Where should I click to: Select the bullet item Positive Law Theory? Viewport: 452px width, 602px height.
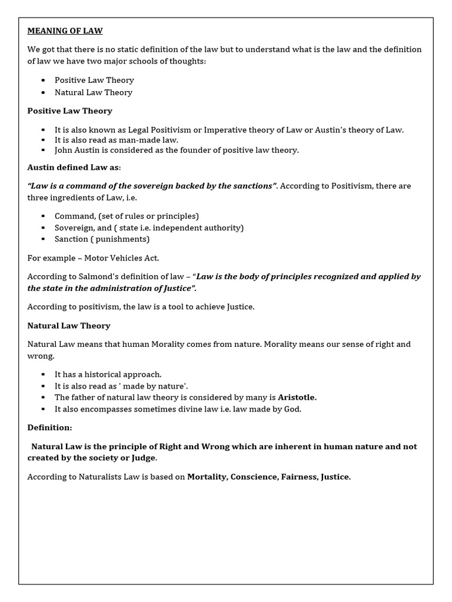[94, 80]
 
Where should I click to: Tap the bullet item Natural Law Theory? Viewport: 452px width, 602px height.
[93, 92]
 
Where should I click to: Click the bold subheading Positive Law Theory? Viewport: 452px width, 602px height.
[69, 111]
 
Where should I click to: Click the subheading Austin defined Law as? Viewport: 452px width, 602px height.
[73, 168]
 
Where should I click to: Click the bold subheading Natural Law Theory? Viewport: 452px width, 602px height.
[69, 325]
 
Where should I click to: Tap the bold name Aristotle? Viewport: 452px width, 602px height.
[297, 397]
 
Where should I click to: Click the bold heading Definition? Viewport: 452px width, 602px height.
[49, 427]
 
